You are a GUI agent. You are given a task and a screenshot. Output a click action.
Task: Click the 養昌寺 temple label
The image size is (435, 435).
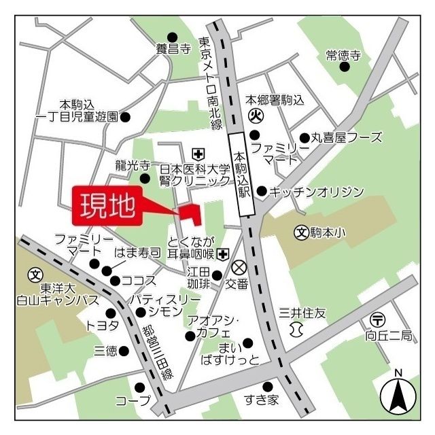[171, 49]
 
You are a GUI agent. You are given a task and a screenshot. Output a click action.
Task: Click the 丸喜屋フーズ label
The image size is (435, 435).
[347, 138]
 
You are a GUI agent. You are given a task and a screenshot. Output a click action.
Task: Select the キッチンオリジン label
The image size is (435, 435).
[317, 192]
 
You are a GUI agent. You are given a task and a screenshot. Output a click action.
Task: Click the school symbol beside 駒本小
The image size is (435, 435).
[301, 232]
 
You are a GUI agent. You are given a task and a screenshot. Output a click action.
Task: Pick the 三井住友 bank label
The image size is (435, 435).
[302, 313]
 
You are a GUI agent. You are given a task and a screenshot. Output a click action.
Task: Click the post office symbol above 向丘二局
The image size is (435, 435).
[377, 319]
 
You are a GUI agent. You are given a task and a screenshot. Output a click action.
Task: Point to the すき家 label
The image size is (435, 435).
[263, 400]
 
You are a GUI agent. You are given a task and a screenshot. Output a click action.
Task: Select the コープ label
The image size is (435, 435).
[132, 400]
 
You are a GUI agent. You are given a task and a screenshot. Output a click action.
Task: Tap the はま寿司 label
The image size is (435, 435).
[138, 253]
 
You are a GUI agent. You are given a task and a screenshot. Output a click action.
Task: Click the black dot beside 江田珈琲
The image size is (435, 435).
[217, 276]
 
